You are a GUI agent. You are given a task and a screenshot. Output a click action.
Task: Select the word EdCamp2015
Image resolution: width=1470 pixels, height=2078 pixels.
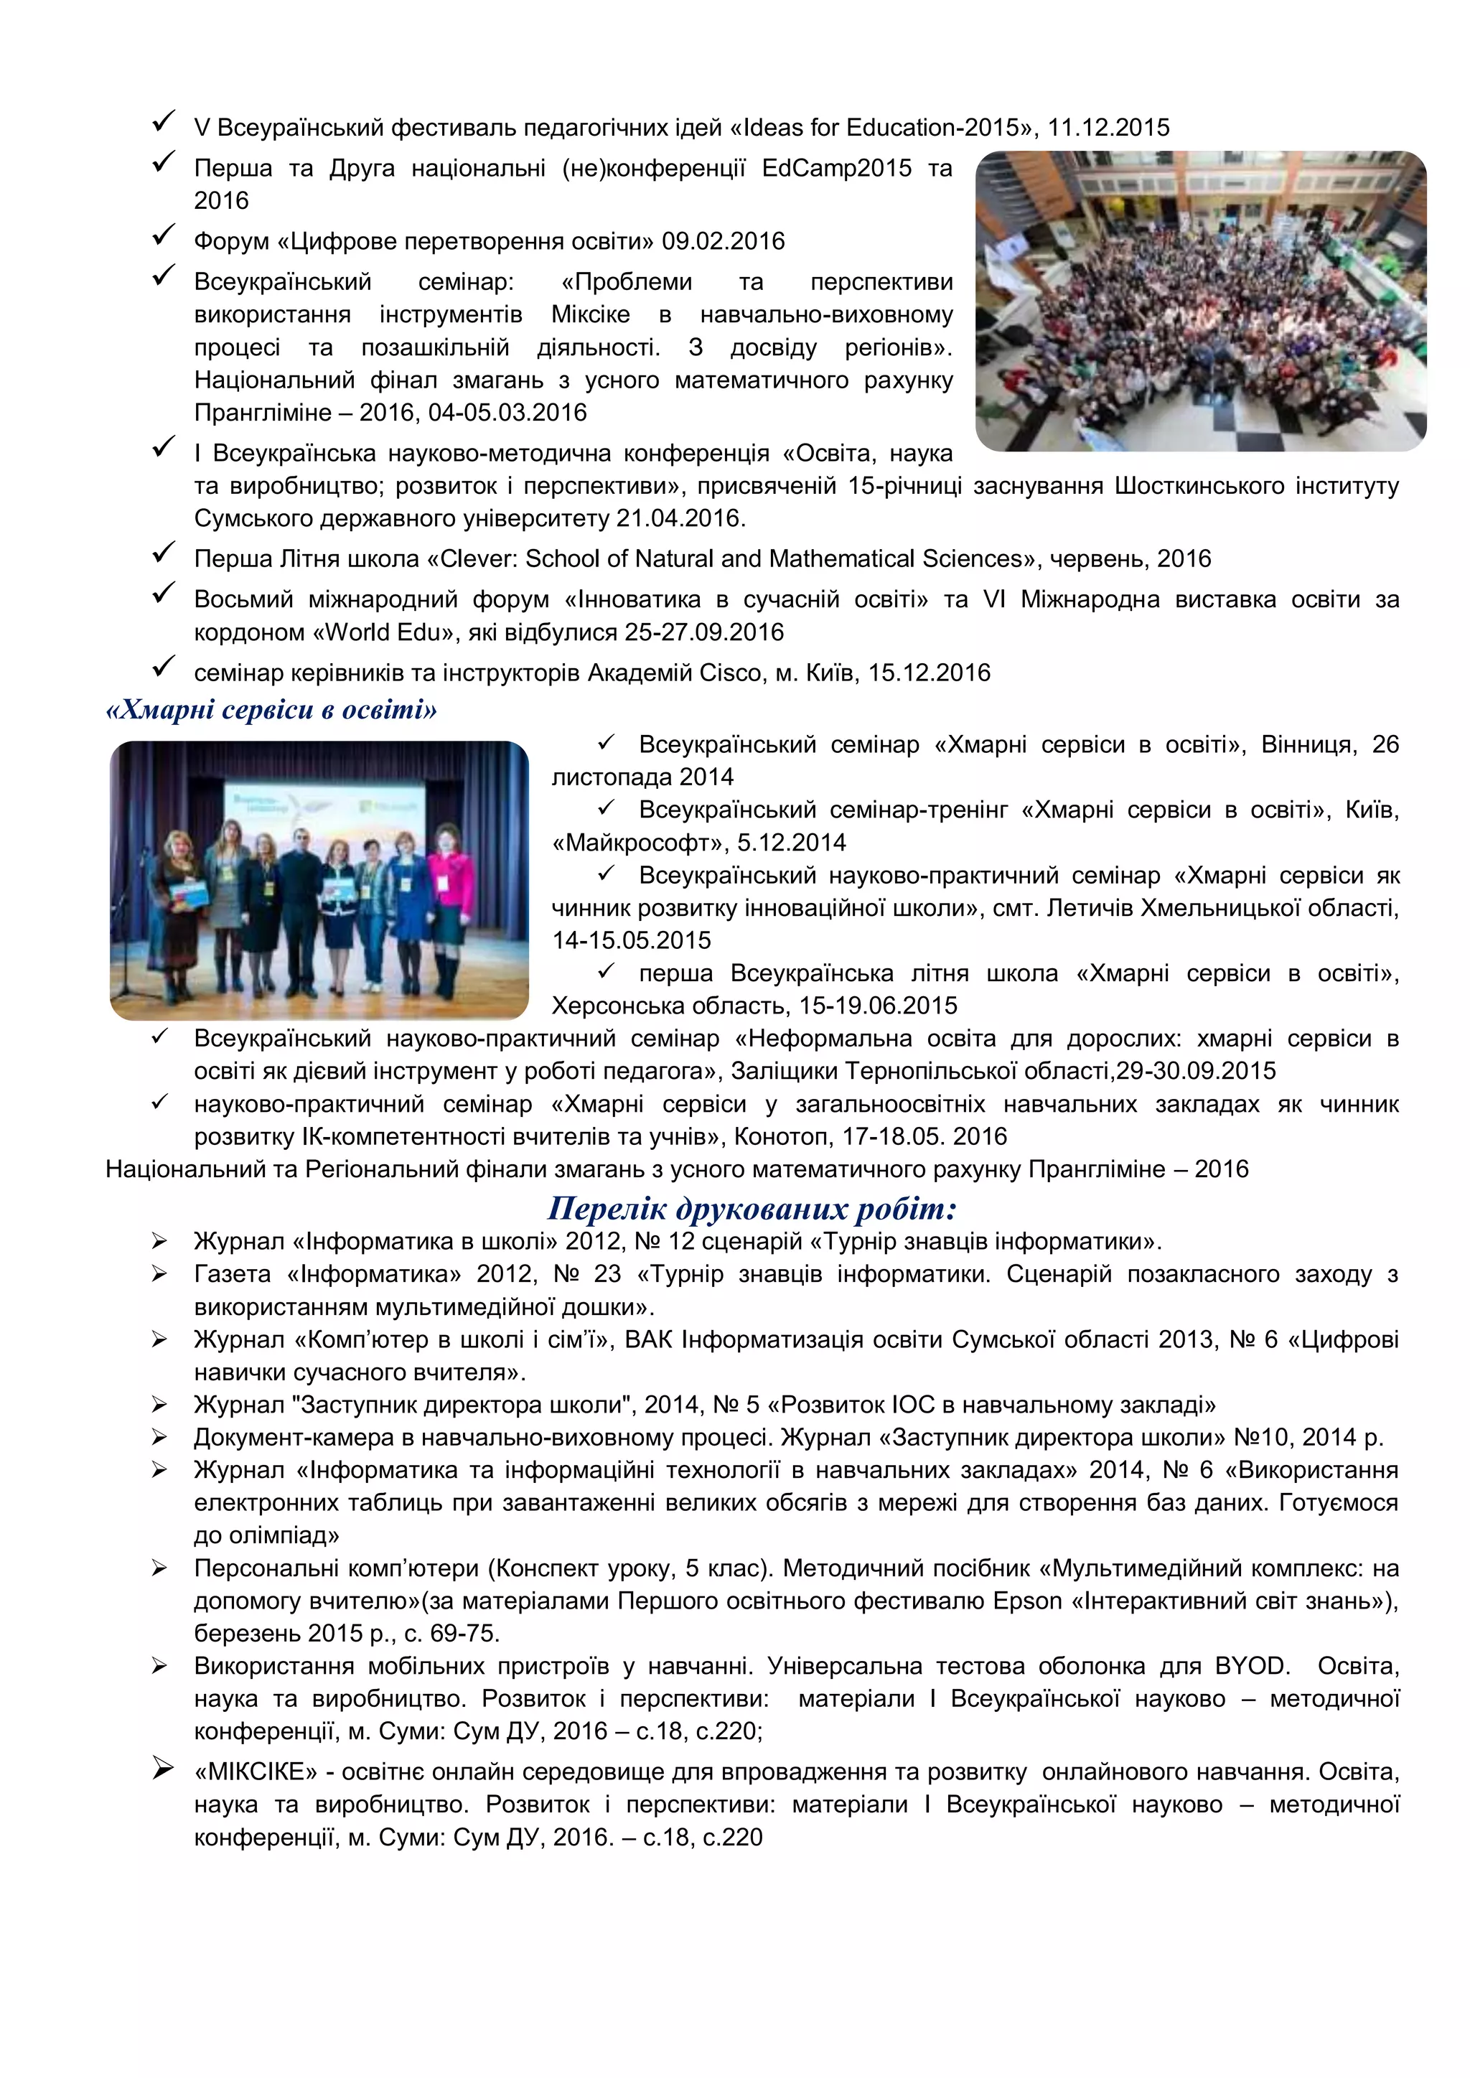click(836, 169)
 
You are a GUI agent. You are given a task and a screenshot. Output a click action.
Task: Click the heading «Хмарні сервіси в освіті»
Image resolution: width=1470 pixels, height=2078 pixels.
click(271, 710)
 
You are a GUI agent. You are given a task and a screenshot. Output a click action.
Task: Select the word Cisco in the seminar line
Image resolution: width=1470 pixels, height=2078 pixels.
click(744, 673)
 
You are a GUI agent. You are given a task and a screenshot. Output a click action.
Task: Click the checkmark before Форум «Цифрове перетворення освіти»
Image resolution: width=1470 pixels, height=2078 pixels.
click(164, 236)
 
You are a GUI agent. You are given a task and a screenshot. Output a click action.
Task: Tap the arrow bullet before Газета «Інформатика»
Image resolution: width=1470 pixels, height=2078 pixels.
click(160, 1274)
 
